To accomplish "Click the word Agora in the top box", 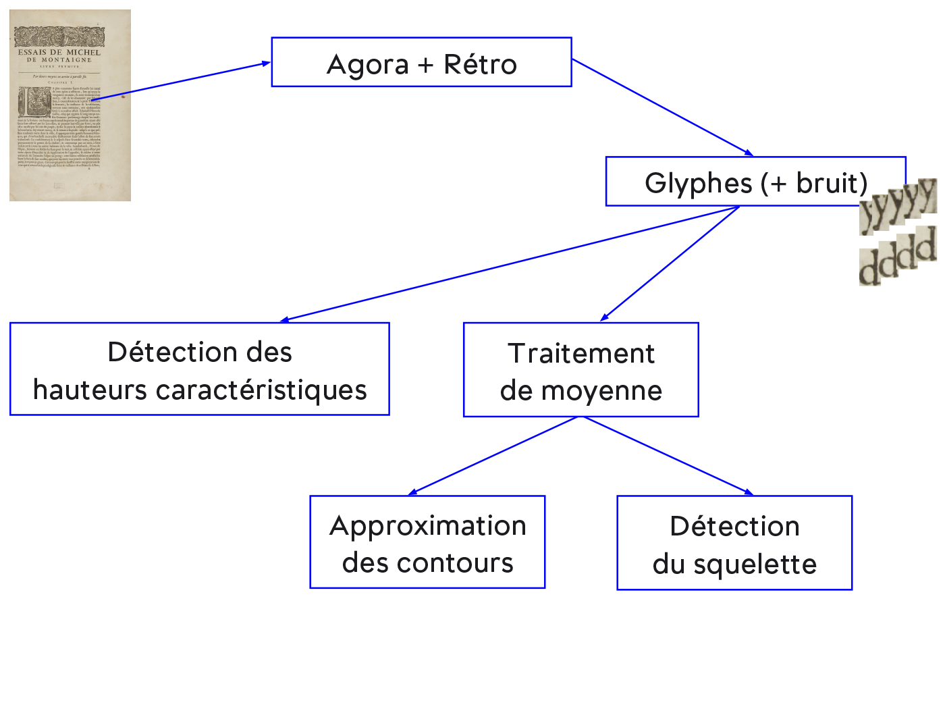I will point(368,65).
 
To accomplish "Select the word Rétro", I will point(480,65).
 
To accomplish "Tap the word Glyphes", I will point(698,183).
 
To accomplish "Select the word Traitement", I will point(581,353).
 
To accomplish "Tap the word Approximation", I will point(428,526).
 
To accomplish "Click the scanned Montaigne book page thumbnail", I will point(70,105).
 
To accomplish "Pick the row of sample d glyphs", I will point(898,256).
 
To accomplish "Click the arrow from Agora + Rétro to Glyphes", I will point(661,107).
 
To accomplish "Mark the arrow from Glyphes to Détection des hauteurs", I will point(510,263).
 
